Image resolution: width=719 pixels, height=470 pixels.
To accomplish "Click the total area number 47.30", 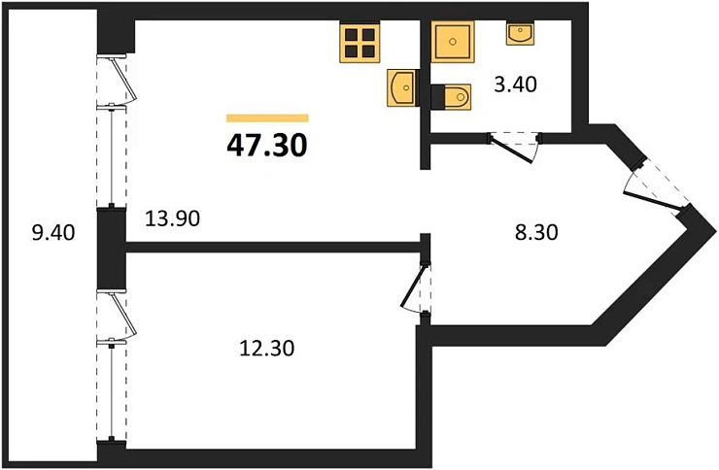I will click(267, 146).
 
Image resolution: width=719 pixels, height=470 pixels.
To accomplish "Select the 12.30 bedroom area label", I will click(264, 346).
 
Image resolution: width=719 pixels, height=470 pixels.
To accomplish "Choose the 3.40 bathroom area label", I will click(516, 84).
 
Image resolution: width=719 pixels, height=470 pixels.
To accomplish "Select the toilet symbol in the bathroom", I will click(450, 95).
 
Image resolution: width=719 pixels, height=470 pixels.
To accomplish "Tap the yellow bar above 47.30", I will click(267, 118).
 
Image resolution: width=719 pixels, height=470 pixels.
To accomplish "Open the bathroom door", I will click(513, 146).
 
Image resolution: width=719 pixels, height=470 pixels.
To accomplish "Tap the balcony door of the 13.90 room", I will click(117, 79).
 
